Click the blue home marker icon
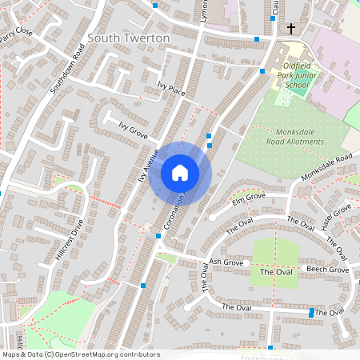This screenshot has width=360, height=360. pos(180,172)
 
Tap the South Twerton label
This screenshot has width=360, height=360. pos(129,38)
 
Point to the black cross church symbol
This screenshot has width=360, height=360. pos(291,29)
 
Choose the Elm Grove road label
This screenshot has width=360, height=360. pos(249,196)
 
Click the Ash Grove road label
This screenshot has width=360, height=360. pos(226,262)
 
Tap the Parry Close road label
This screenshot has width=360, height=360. pos(16,33)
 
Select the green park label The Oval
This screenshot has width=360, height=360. pos(276,273)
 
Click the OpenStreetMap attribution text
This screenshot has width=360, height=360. pos(80,354)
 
